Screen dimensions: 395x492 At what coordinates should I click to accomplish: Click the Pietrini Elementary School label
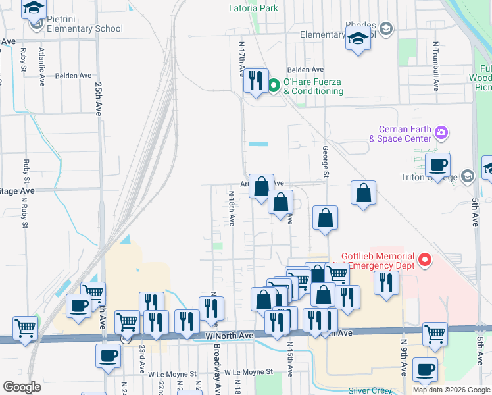[x=84, y=28]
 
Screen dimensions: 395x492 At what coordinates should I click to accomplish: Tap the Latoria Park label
[x=253, y=9]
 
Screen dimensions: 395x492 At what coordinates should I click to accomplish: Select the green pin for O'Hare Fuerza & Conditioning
[x=274, y=85]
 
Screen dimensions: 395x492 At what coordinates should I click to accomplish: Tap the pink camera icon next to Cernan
[x=441, y=134]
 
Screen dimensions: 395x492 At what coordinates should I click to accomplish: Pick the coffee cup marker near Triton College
[x=437, y=165]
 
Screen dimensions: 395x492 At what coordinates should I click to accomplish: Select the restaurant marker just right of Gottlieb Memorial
[x=386, y=282]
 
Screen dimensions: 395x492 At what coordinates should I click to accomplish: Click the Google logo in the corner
[x=22, y=386]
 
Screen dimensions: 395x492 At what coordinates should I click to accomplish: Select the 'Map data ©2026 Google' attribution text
[x=451, y=390]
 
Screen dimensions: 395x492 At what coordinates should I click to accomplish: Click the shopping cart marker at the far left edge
[x=26, y=327]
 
